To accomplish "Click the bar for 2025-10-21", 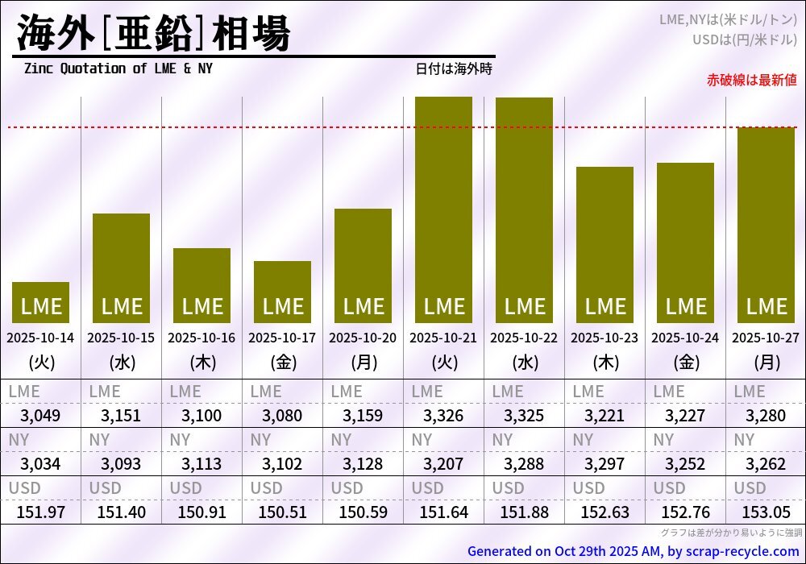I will pyautogui.click(x=443, y=209).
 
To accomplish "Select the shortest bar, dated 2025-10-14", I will pyautogui.click(x=40, y=302).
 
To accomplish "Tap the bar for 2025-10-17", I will pyautogui.click(x=282, y=292).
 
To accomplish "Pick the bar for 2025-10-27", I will pyautogui.click(x=766, y=225).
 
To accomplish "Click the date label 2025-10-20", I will pyautogui.click(x=363, y=338).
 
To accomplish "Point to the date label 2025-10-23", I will pyautogui.click(x=604, y=338).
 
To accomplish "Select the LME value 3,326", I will pyautogui.click(x=443, y=416).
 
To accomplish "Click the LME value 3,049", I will pyautogui.click(x=40, y=416).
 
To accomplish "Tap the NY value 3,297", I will pyautogui.click(x=604, y=464).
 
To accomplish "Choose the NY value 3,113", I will pyautogui.click(x=201, y=464).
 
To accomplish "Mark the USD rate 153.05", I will pyautogui.click(x=766, y=512).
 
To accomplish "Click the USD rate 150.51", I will pyautogui.click(x=282, y=512).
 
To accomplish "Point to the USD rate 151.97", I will pyautogui.click(x=40, y=512).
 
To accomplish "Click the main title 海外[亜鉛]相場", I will pyautogui.click(x=153, y=34).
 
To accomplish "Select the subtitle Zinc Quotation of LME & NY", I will pyautogui.click(x=118, y=68).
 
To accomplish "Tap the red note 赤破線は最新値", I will pyautogui.click(x=751, y=80).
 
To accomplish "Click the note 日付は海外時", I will pyautogui.click(x=454, y=68).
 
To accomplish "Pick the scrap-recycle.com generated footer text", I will pyautogui.click(x=633, y=552).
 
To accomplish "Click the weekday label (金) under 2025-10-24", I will pyautogui.click(x=685, y=363).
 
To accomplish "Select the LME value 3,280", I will pyautogui.click(x=766, y=416).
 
